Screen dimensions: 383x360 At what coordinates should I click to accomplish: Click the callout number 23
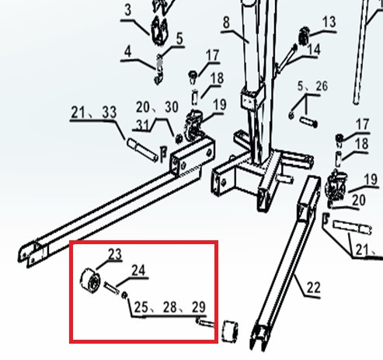click(115, 254)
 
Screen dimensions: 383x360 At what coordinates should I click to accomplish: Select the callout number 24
click(138, 271)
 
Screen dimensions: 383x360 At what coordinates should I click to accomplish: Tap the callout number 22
click(314, 288)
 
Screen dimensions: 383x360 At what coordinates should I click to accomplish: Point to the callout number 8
click(226, 23)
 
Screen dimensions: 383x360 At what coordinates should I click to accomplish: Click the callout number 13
click(329, 23)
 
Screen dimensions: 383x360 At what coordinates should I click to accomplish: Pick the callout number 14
click(314, 50)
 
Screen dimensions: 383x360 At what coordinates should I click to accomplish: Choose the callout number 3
click(128, 10)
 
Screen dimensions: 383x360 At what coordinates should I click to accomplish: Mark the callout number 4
click(128, 52)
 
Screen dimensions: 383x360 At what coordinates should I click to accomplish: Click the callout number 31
click(143, 125)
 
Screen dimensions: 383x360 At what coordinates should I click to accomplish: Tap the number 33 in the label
click(110, 113)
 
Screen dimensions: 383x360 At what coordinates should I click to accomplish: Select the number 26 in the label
click(322, 86)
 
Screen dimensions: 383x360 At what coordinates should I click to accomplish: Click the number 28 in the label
click(170, 307)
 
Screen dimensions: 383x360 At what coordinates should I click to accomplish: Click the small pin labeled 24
click(111, 288)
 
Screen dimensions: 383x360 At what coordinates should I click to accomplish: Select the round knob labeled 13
click(303, 37)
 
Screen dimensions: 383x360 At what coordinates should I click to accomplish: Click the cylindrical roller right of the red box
click(230, 331)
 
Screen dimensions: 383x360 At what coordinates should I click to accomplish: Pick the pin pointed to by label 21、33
click(142, 149)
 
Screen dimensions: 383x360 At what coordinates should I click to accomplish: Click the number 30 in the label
click(172, 107)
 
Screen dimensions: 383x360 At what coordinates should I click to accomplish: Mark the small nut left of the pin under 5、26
click(291, 115)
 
